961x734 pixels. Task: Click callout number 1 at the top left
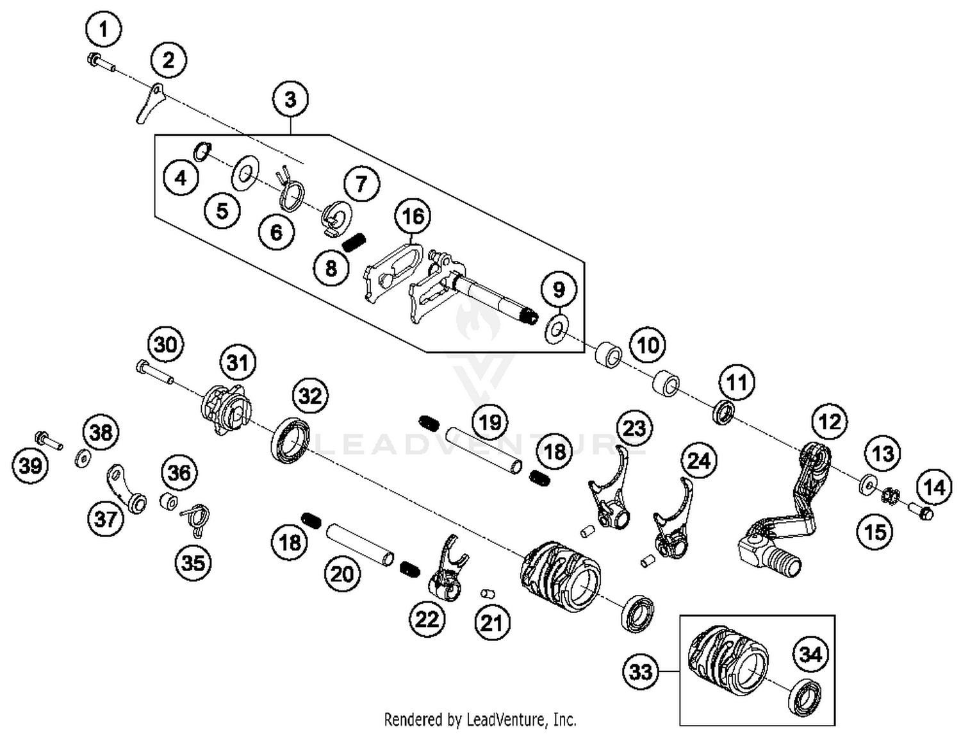(x=103, y=29)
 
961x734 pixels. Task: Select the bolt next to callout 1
(x=99, y=62)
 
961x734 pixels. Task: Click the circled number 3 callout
(x=290, y=99)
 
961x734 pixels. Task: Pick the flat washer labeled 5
(x=244, y=172)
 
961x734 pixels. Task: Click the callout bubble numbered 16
(x=413, y=216)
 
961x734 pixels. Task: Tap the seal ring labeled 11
(x=723, y=412)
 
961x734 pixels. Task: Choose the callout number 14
(x=933, y=487)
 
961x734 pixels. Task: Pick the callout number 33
(x=640, y=671)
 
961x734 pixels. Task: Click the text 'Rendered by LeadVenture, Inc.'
(x=480, y=719)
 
